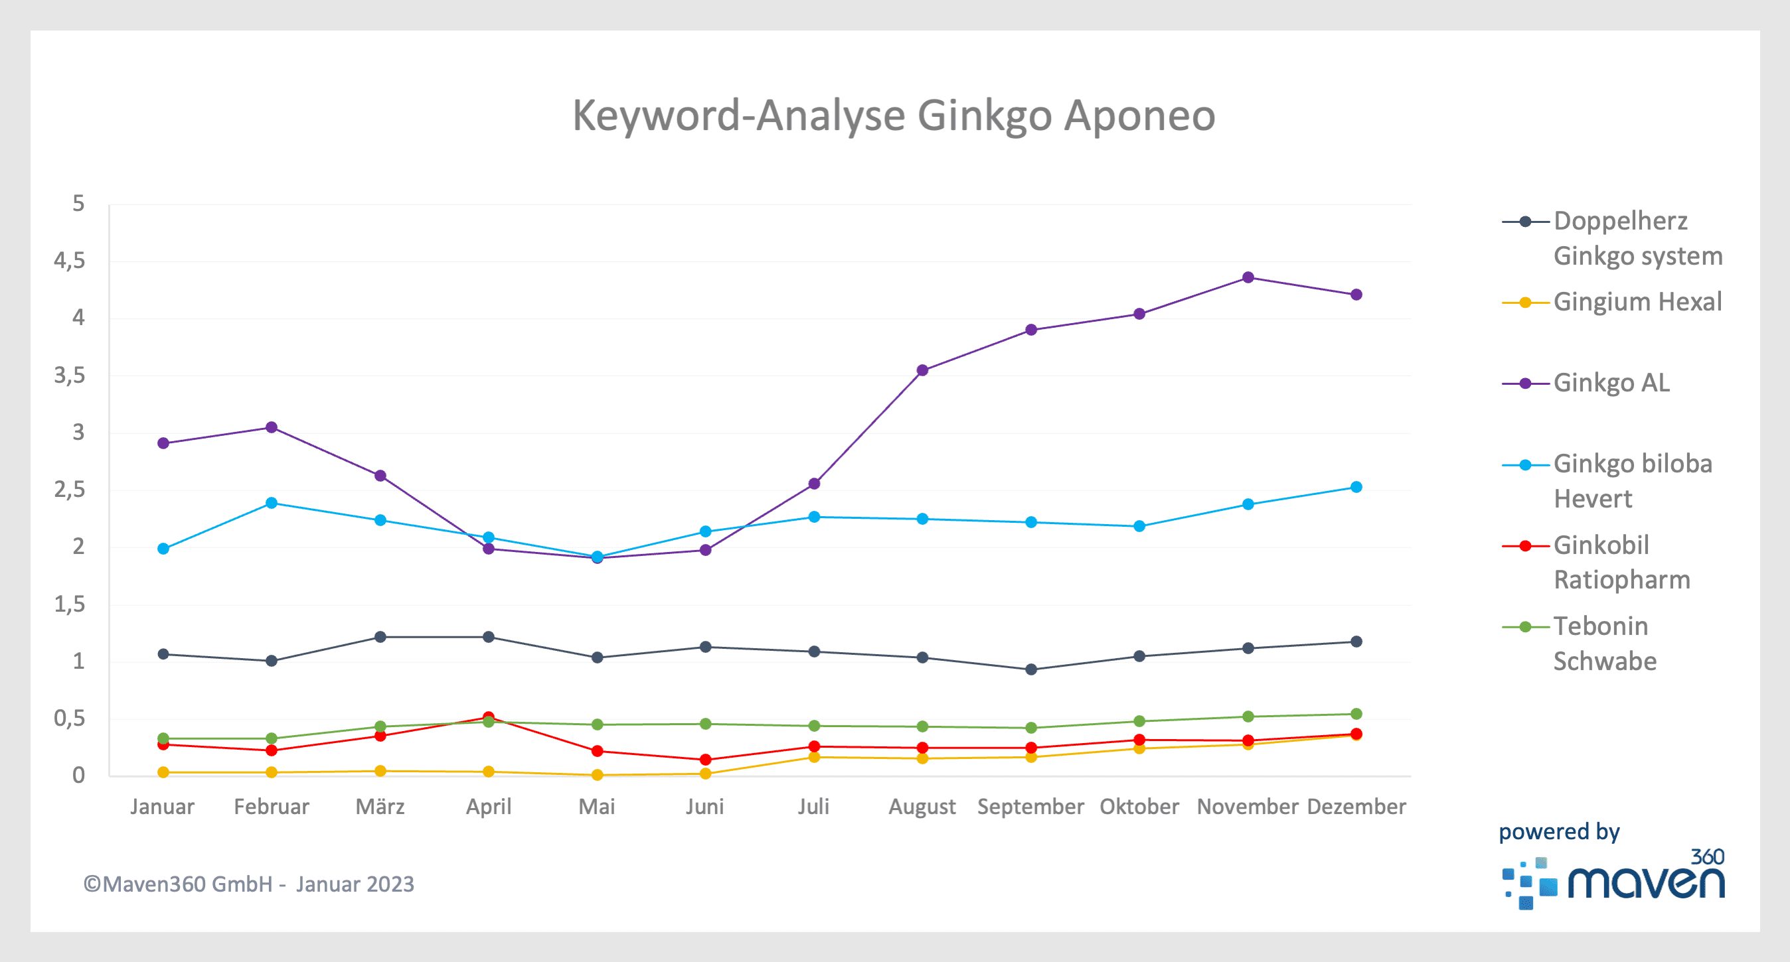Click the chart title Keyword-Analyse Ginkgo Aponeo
(894, 115)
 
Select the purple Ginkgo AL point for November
(1248, 278)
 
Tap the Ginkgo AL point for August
(922, 370)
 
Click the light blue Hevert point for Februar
(272, 503)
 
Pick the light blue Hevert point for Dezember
(1356, 487)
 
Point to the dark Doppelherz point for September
(1031, 669)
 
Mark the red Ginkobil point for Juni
(705, 760)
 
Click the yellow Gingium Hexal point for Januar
(163, 772)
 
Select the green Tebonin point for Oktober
(1139, 721)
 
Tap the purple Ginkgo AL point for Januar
(163, 443)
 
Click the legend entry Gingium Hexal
(1637, 302)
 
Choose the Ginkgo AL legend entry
(1611, 383)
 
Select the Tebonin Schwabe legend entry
(1604, 643)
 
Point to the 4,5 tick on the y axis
(70, 261)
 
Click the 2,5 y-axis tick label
(70, 490)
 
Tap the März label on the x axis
(380, 806)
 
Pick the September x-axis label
(1030, 806)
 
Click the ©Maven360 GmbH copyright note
(249, 884)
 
